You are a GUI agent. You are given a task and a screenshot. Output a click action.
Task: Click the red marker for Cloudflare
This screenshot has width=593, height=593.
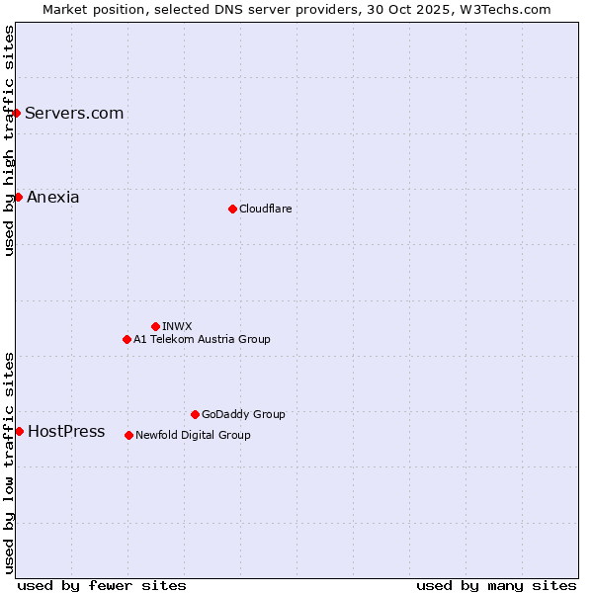[x=232, y=209]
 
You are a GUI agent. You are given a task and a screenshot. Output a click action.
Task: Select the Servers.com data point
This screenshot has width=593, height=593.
[x=17, y=113]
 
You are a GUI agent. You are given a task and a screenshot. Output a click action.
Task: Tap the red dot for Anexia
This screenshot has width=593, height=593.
[x=18, y=197]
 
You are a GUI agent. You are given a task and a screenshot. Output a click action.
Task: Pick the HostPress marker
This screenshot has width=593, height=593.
[x=19, y=431]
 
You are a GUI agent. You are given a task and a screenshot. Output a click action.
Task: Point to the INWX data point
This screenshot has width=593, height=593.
[x=155, y=326]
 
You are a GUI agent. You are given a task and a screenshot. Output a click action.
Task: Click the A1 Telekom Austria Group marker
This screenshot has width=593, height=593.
[x=127, y=339]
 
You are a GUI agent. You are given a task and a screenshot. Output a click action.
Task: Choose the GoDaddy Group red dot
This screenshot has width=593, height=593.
[x=195, y=414]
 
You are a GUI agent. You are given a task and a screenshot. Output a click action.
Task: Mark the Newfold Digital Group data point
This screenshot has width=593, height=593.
[x=128, y=435]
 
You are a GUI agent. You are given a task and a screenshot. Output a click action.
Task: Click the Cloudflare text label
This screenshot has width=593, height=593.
[x=266, y=209]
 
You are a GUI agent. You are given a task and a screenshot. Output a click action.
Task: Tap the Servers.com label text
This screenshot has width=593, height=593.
[x=74, y=113]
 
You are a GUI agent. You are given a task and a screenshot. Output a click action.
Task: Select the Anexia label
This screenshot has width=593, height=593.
[x=53, y=197]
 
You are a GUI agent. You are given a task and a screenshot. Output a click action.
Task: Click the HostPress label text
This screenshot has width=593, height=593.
[x=66, y=431]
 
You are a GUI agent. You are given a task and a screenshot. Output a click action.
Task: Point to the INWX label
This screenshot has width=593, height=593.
[x=177, y=326]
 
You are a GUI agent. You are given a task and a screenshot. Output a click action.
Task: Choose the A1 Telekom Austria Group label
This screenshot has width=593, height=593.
[x=202, y=339]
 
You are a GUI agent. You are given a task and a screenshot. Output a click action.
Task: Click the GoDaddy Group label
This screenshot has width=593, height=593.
[x=243, y=414]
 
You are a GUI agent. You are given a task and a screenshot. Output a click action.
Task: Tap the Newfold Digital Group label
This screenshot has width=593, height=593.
[x=193, y=435]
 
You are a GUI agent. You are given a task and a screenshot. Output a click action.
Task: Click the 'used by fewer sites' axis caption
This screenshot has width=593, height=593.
[x=102, y=585]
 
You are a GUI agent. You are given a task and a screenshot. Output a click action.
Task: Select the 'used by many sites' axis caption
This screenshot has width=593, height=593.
[x=496, y=585]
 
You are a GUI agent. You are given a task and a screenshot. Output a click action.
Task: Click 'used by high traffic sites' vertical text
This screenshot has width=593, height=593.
[x=9, y=140]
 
